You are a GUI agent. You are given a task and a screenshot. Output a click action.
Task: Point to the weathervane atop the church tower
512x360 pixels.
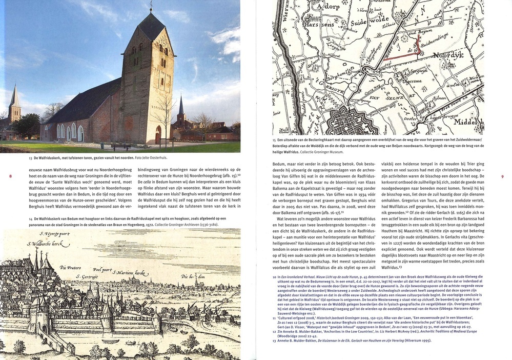tap(151, 6)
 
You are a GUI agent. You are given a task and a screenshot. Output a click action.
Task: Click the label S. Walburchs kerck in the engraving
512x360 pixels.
tap(49, 244)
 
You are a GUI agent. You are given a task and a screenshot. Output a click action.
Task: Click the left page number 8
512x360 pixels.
tap(10, 176)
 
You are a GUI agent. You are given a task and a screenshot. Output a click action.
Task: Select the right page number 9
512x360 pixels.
tap(503, 177)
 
